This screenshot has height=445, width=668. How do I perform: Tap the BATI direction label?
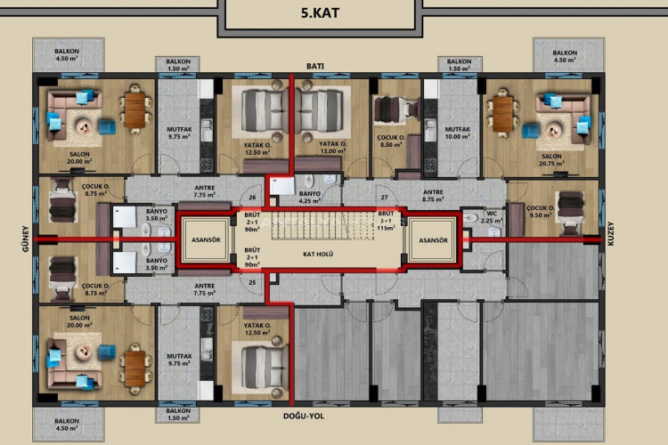click(314, 67)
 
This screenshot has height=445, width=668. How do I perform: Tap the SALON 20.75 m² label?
click(550, 159)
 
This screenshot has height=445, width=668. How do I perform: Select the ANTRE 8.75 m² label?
click(433, 197)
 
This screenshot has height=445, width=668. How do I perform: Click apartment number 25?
click(252, 283)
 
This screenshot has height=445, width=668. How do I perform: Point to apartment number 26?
click(252, 197)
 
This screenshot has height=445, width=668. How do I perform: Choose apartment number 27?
click(384, 197)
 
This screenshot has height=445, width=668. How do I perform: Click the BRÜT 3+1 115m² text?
click(386, 222)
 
